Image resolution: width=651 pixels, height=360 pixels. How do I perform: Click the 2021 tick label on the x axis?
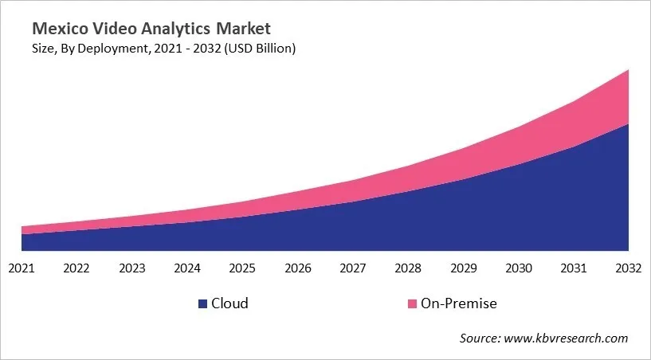click(x=22, y=268)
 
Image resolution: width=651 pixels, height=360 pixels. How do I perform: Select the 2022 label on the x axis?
click(x=76, y=268)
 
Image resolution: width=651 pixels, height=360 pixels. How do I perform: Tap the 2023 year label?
click(x=131, y=268)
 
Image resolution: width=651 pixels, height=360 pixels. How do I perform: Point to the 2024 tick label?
click(x=187, y=268)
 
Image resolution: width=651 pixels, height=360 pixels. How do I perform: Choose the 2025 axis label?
click(x=242, y=268)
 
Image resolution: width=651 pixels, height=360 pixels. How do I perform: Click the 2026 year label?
click(x=297, y=268)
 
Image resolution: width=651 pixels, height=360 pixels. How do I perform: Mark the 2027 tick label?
click(x=352, y=268)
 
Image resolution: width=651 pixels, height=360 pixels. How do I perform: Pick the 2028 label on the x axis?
click(x=408, y=268)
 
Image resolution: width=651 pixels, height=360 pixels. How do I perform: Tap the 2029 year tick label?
click(x=463, y=268)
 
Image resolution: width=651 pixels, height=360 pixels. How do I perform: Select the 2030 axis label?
click(x=518, y=268)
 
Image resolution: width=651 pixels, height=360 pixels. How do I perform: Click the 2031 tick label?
click(x=573, y=268)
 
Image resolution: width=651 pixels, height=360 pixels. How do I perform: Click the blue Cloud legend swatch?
click(x=203, y=303)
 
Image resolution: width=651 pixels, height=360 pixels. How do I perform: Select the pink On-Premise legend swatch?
click(x=412, y=303)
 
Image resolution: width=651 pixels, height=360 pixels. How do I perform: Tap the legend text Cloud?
click(x=230, y=303)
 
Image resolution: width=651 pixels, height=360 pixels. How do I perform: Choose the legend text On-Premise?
click(x=459, y=303)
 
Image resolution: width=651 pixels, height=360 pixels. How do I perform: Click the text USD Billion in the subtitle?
click(x=264, y=49)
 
